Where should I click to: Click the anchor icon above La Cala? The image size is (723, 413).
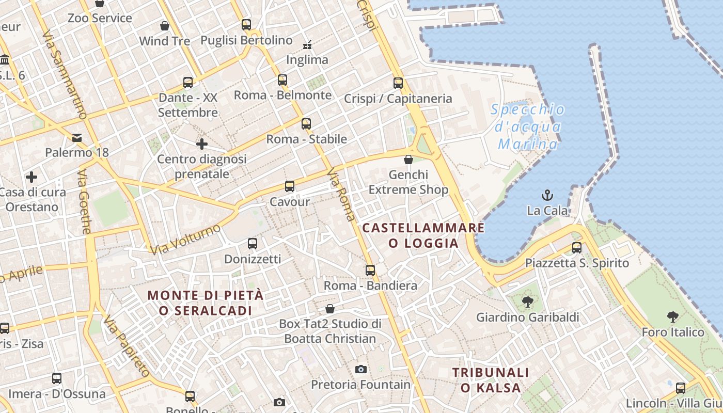[547, 195]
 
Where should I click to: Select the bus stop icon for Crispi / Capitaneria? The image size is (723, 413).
[398, 83]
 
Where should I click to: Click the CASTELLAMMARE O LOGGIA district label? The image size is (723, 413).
[423, 235]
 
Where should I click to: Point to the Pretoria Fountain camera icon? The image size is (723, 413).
[361, 369]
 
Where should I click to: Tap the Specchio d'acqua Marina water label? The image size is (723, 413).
[528, 126]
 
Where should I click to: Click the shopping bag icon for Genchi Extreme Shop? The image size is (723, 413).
[408, 160]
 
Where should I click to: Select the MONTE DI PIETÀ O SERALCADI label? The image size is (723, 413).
[206, 303]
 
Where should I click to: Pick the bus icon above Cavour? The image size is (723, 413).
[290, 186]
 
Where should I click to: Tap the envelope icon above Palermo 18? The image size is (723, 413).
[77, 137]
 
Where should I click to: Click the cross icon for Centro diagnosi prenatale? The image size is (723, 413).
[201, 144]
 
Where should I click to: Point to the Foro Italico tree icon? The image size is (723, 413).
[672, 316]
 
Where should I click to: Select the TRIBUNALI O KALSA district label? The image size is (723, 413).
[491, 380]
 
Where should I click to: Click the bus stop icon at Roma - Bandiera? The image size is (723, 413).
[370, 270]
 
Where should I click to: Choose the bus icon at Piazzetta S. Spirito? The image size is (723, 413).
[577, 248]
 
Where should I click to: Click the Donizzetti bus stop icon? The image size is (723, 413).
[252, 243]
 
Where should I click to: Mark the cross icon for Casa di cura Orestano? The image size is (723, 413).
[32, 177]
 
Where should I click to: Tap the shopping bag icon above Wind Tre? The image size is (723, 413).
[165, 26]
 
